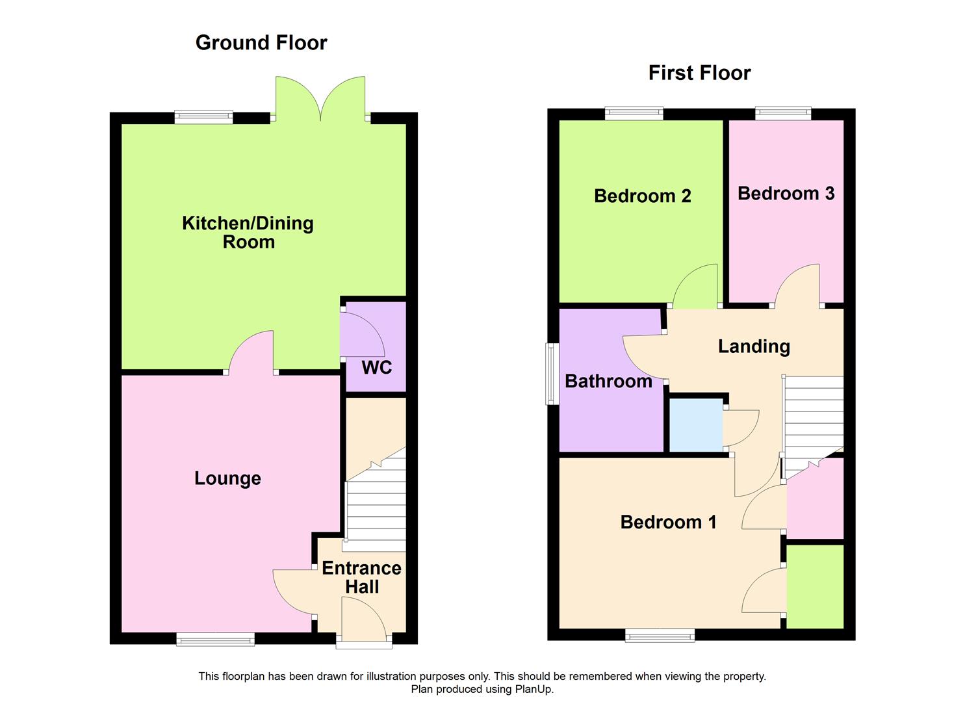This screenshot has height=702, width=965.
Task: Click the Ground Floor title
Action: pyautogui.click(x=261, y=43)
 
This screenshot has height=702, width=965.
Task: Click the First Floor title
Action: pyautogui.click(x=699, y=73)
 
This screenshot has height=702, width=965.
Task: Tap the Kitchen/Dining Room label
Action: pyautogui.click(x=248, y=233)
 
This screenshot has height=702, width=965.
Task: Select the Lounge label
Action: pyautogui.click(x=227, y=478)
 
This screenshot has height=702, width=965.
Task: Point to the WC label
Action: pyautogui.click(x=376, y=367)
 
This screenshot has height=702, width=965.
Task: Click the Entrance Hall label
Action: pyautogui.click(x=361, y=577)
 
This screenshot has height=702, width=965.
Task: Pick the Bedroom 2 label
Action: pyautogui.click(x=642, y=196)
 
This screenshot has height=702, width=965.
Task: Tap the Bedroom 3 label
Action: pyautogui.click(x=786, y=193)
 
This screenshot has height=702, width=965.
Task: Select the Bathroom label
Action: pyautogui.click(x=608, y=381)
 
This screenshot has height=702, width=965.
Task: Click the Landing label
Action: pyautogui.click(x=754, y=346)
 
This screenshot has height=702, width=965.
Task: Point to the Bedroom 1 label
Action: pyautogui.click(x=668, y=522)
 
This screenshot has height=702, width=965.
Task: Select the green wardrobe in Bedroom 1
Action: pyautogui.click(x=815, y=586)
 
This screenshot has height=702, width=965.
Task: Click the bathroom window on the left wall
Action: pyautogui.click(x=552, y=374)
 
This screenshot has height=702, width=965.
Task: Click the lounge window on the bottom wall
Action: pyautogui.click(x=215, y=640)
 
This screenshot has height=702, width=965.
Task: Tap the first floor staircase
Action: pyautogui.click(x=814, y=422)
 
